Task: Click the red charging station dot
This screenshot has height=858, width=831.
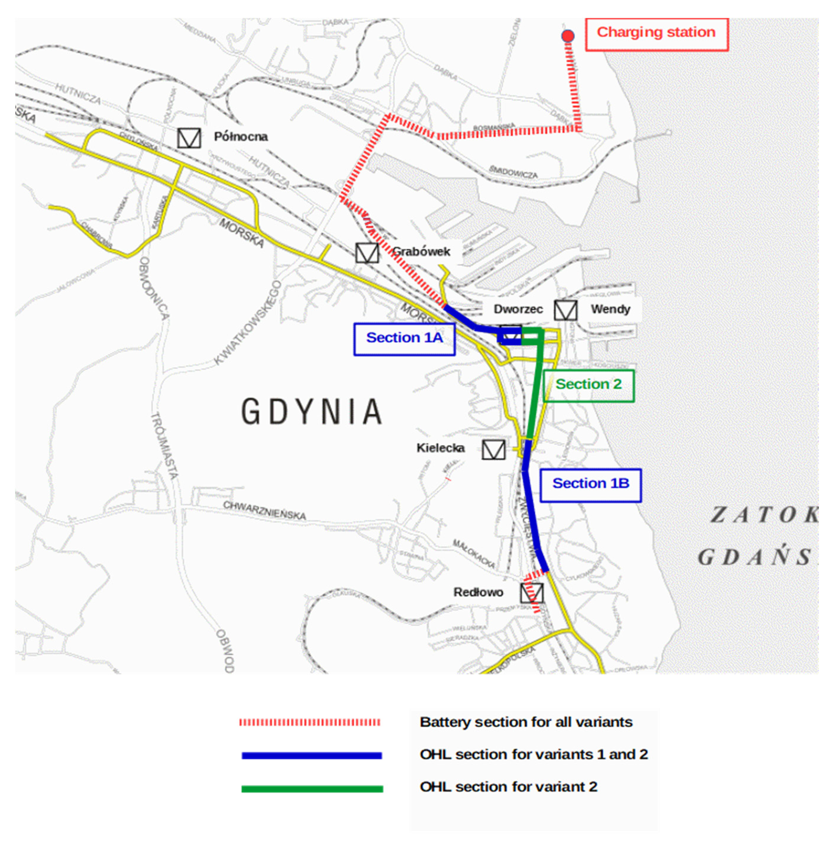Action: point(568,36)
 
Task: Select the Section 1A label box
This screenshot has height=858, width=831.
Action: point(404,339)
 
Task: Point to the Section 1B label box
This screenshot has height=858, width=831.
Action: point(590,485)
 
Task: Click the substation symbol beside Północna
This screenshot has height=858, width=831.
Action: point(189,138)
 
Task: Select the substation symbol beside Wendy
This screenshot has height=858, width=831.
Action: point(565,310)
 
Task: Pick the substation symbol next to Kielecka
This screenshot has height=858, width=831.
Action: point(494,450)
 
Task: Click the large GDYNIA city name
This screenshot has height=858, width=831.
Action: point(312,412)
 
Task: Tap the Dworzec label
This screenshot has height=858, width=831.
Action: point(518,309)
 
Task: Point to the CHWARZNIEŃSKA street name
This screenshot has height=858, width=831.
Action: point(264,510)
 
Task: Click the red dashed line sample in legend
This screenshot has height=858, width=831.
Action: point(310,722)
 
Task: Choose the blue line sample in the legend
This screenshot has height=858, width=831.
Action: point(312,755)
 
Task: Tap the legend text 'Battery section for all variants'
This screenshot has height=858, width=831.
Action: point(526,722)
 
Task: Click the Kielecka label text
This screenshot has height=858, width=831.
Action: point(440,448)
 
